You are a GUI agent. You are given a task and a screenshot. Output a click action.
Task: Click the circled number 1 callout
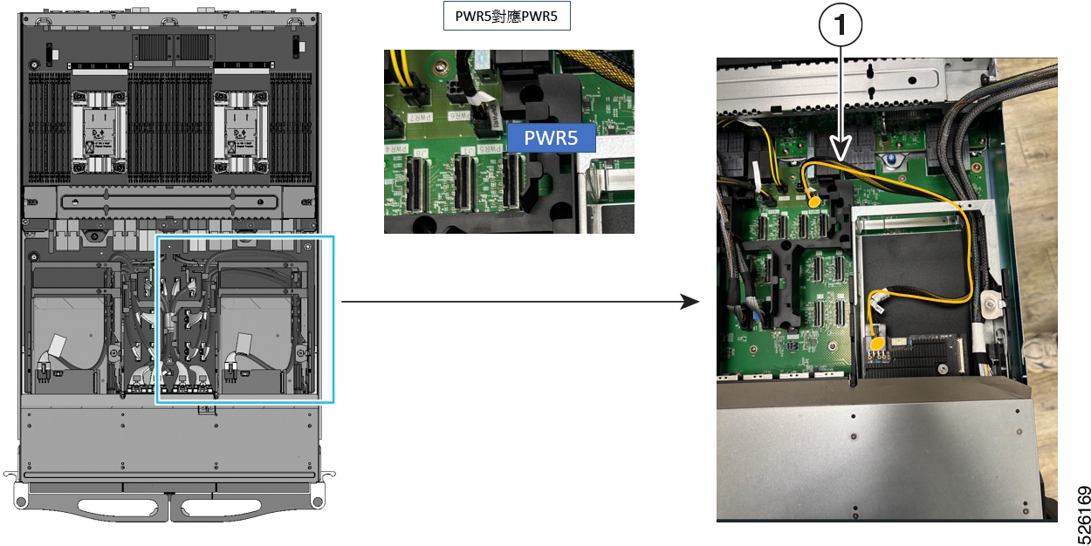841,24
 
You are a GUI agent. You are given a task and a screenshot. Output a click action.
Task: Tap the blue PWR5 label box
552,138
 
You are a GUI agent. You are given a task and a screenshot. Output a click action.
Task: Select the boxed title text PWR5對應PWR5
506,17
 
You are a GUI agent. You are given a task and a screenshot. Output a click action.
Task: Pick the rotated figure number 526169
1082,515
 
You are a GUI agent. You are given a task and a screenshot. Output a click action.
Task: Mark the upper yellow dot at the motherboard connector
813,201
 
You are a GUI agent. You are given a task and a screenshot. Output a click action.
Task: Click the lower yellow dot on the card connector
877,344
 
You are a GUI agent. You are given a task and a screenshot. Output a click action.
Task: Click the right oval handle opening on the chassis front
221,508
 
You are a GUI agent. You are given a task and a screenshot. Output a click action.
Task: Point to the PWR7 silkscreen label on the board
421,118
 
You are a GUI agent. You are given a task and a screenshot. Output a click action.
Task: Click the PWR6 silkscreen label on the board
459,116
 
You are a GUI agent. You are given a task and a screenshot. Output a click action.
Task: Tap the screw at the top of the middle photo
441,65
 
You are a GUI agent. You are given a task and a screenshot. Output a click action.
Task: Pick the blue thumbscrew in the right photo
891,160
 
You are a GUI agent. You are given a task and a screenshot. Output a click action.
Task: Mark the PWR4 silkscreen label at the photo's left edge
395,149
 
